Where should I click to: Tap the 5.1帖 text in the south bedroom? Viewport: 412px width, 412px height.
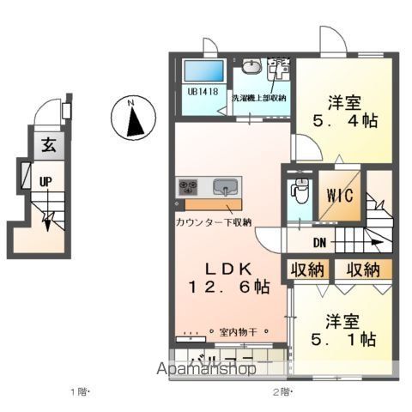(x=349, y=340)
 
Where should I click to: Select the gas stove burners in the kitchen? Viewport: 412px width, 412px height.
(x=189, y=187)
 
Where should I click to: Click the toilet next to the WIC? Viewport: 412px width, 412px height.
(x=297, y=190)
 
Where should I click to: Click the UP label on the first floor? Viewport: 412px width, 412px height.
(x=44, y=181)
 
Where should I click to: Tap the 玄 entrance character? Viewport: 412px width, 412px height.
(x=45, y=146)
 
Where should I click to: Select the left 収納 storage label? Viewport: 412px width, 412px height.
(x=307, y=270)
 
